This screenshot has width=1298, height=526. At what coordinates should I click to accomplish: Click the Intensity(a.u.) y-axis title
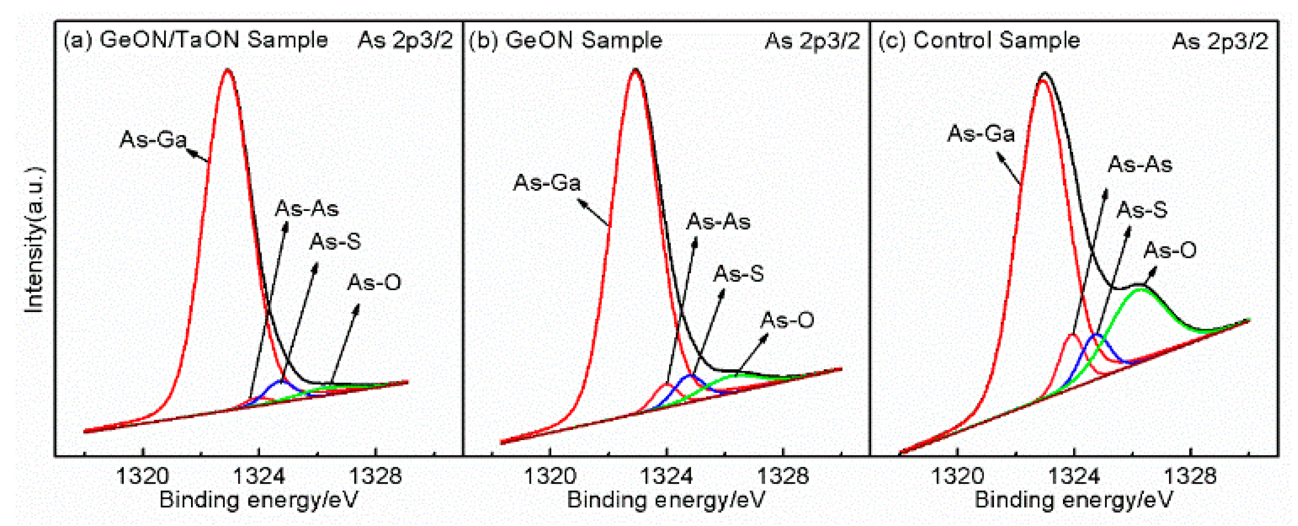pyautogui.click(x=34, y=240)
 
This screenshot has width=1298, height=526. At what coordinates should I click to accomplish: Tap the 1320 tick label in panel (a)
pyautogui.click(x=142, y=476)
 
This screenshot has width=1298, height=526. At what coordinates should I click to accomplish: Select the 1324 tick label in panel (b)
pyautogui.click(x=666, y=476)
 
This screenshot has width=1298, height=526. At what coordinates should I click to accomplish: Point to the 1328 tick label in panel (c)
pyautogui.click(x=1190, y=476)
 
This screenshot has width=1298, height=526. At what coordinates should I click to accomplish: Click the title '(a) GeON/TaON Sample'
pyautogui.click(x=196, y=40)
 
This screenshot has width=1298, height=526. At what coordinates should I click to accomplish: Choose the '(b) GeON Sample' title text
pyautogui.click(x=566, y=40)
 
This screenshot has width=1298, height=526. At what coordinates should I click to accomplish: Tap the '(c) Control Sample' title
pyautogui.click(x=979, y=40)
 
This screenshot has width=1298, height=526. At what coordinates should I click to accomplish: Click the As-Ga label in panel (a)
pyautogui.click(x=153, y=139)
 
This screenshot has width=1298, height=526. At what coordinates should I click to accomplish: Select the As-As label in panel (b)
pyautogui.click(x=718, y=222)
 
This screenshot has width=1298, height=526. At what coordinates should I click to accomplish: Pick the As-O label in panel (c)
pyautogui.click(x=1170, y=249)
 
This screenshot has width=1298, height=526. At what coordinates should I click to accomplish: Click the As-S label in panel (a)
pyautogui.click(x=335, y=241)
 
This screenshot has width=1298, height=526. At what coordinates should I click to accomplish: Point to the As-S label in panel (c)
pyautogui.click(x=1142, y=209)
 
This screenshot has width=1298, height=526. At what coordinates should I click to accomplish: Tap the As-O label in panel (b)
pyautogui.click(x=787, y=320)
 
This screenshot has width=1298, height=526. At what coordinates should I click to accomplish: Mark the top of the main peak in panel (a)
pyautogui.click(x=228, y=70)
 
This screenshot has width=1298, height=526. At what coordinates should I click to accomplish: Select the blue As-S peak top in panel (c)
pyautogui.click(x=1096, y=335)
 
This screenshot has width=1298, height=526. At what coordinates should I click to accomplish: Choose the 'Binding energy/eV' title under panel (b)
pyautogui.click(x=666, y=500)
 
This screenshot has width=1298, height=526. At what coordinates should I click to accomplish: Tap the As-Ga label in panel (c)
pyautogui.click(x=981, y=134)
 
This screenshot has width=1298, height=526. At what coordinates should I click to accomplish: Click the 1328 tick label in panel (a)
pyautogui.click(x=375, y=476)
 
